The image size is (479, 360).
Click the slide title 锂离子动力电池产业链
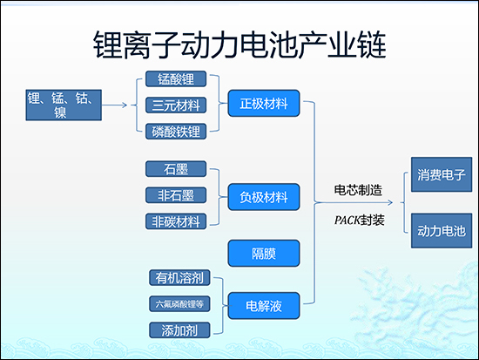tap(239, 44)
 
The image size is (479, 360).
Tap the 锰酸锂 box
tap(176, 80)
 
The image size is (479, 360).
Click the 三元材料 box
tap(176, 105)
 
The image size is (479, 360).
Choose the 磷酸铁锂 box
tap(176, 132)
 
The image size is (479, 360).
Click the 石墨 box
tap(176, 168)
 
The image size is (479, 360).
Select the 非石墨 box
tap(176, 194)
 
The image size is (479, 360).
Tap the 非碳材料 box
tap(176, 221)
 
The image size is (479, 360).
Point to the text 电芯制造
tap(358, 189)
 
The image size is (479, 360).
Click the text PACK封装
tap(358, 220)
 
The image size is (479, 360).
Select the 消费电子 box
tap(440, 174)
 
